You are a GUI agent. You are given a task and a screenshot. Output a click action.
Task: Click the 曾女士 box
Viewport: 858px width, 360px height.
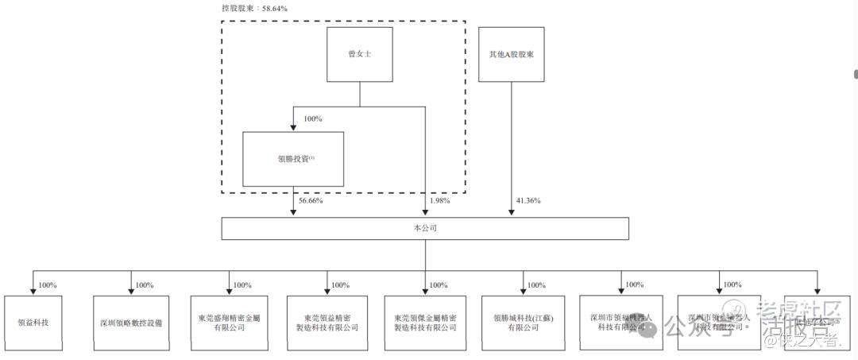(x=360, y=53)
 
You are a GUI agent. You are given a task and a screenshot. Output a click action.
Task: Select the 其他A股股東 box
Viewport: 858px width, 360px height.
(x=512, y=53)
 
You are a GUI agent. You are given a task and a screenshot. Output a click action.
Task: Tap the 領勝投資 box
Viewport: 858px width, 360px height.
(x=293, y=158)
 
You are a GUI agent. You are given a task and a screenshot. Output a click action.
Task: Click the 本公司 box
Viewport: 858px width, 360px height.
(x=425, y=228)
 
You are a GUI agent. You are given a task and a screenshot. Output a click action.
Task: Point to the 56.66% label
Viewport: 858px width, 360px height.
(x=311, y=201)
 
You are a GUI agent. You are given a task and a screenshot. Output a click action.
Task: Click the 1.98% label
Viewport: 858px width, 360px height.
(x=439, y=201)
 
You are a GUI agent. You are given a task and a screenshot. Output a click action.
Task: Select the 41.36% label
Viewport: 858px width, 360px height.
(x=528, y=201)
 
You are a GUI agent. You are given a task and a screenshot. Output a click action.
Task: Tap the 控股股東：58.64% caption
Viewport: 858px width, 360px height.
(x=254, y=8)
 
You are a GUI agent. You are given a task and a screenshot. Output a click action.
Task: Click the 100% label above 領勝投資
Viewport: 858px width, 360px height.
(x=313, y=119)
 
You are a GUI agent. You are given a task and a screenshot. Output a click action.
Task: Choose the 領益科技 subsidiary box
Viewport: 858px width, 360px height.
(x=33, y=323)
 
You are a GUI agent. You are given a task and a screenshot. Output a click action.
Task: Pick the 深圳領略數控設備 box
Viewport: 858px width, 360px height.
(x=131, y=323)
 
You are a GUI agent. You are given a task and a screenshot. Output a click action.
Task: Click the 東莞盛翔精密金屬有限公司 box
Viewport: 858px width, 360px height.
(x=229, y=323)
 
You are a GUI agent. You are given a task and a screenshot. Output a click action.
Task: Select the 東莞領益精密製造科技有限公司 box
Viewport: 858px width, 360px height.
(x=327, y=323)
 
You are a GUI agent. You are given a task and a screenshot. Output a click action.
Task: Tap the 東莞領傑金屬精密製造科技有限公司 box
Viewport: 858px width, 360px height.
(x=425, y=323)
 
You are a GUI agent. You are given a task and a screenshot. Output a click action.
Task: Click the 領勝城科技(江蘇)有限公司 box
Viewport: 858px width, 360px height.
(x=523, y=323)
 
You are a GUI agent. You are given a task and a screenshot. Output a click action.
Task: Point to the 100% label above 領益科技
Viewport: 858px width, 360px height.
(x=48, y=285)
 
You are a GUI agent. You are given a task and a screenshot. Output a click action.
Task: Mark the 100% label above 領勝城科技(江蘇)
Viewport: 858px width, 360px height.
(x=537, y=285)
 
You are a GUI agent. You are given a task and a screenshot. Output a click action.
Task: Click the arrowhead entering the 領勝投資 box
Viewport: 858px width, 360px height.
(x=293, y=127)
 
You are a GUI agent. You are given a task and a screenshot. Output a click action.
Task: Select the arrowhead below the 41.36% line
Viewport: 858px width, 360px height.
(x=512, y=212)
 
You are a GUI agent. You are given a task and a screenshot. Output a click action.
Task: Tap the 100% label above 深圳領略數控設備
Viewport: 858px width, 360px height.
(x=145, y=285)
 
